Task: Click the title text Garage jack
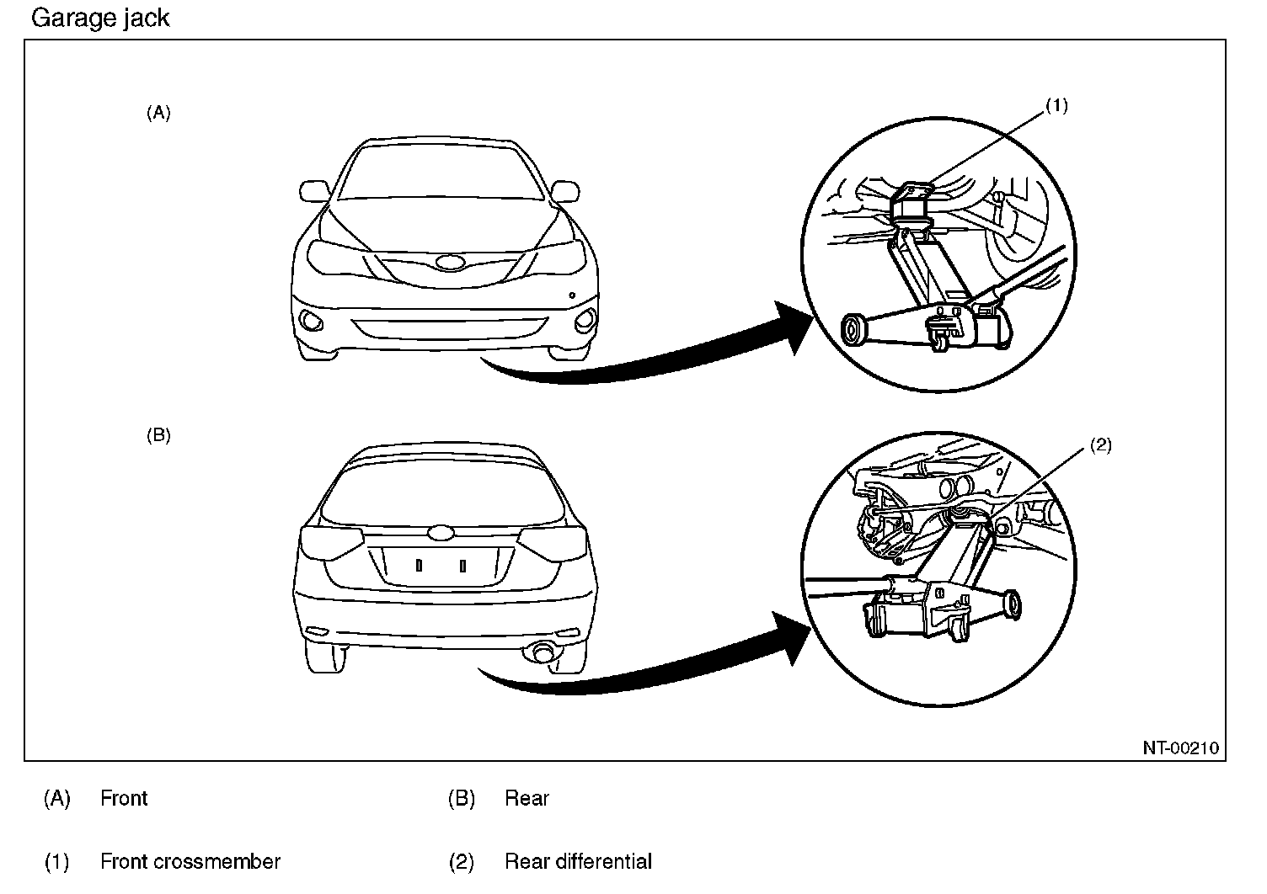100,18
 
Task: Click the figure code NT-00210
1180,748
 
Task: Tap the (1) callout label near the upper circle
1056,105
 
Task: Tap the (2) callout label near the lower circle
1101,445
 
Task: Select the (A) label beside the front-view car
158,113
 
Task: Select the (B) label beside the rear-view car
158,435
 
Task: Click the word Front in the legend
124,798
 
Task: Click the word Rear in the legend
527,798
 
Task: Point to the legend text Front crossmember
190,862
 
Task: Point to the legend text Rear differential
578,862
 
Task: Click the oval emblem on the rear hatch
441,533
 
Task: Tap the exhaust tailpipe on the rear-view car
539,652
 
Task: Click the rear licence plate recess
440,566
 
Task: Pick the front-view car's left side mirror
313,189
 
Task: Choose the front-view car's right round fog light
584,321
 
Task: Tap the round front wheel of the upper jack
855,329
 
